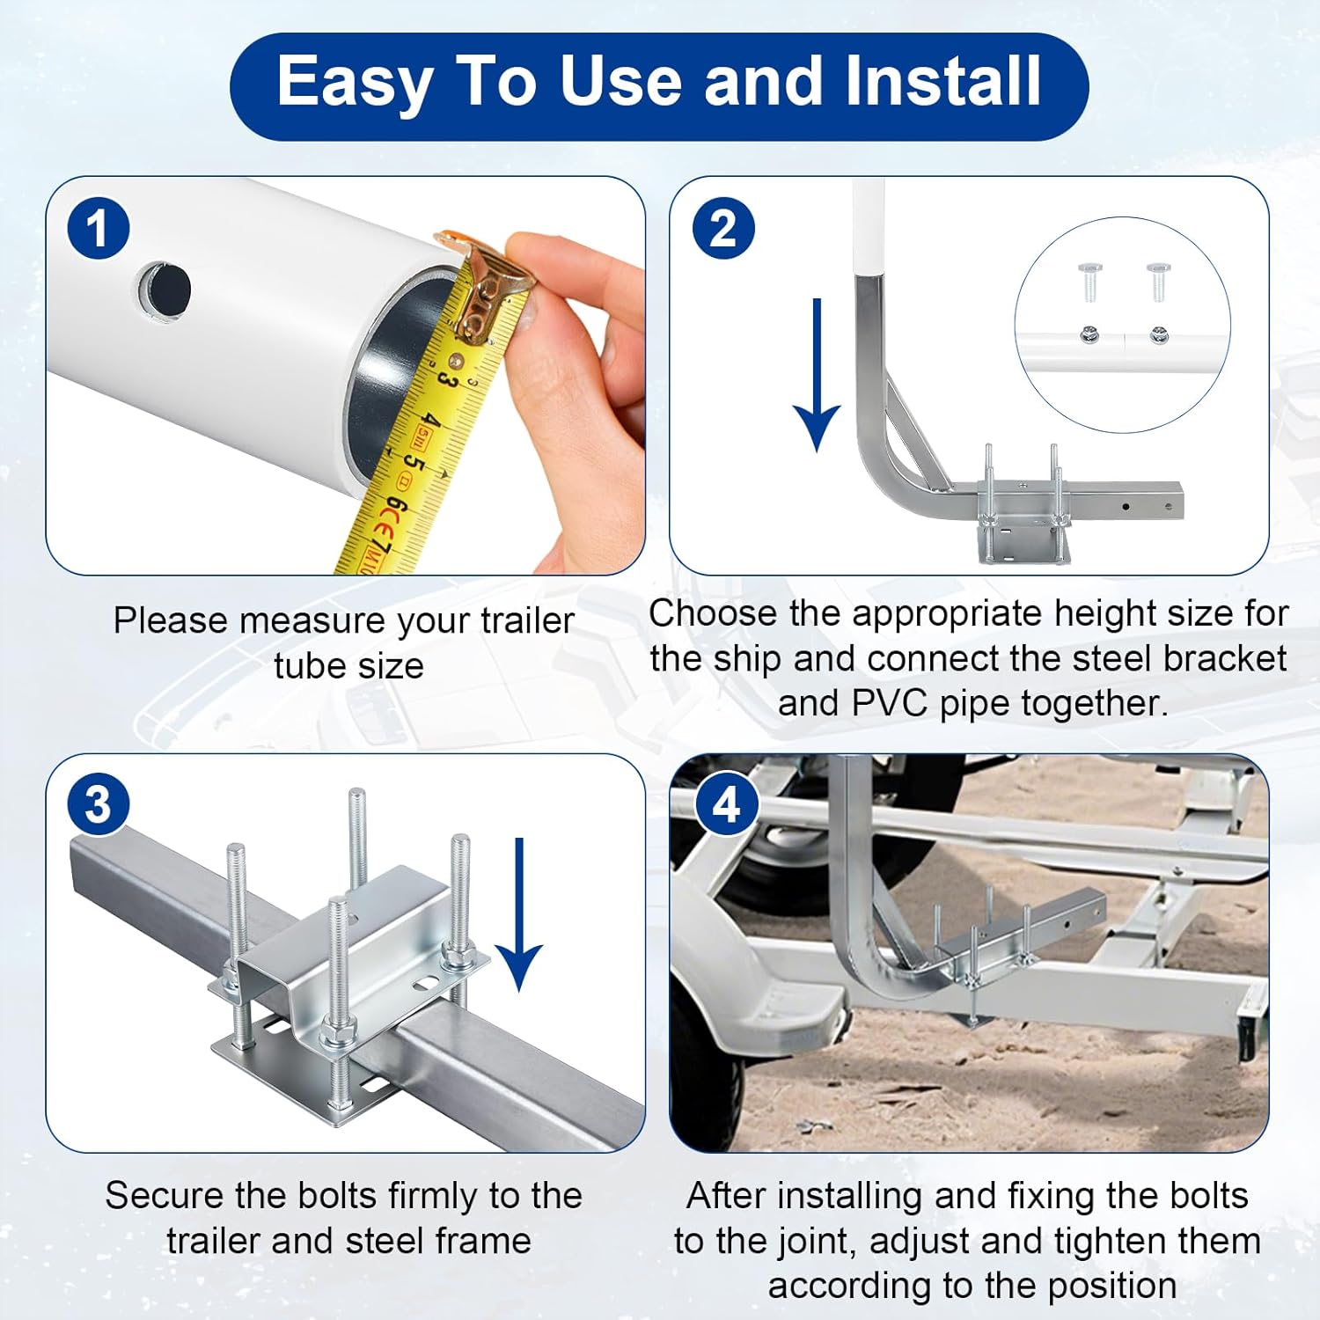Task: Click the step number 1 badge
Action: [x=99, y=229]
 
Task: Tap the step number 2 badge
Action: [x=722, y=229]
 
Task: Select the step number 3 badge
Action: [x=99, y=804]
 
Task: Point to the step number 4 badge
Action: [x=725, y=804]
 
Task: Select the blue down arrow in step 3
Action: [x=519, y=915]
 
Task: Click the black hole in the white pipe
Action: [x=165, y=289]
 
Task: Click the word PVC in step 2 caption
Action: [x=887, y=703]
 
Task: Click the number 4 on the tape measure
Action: [x=429, y=421]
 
